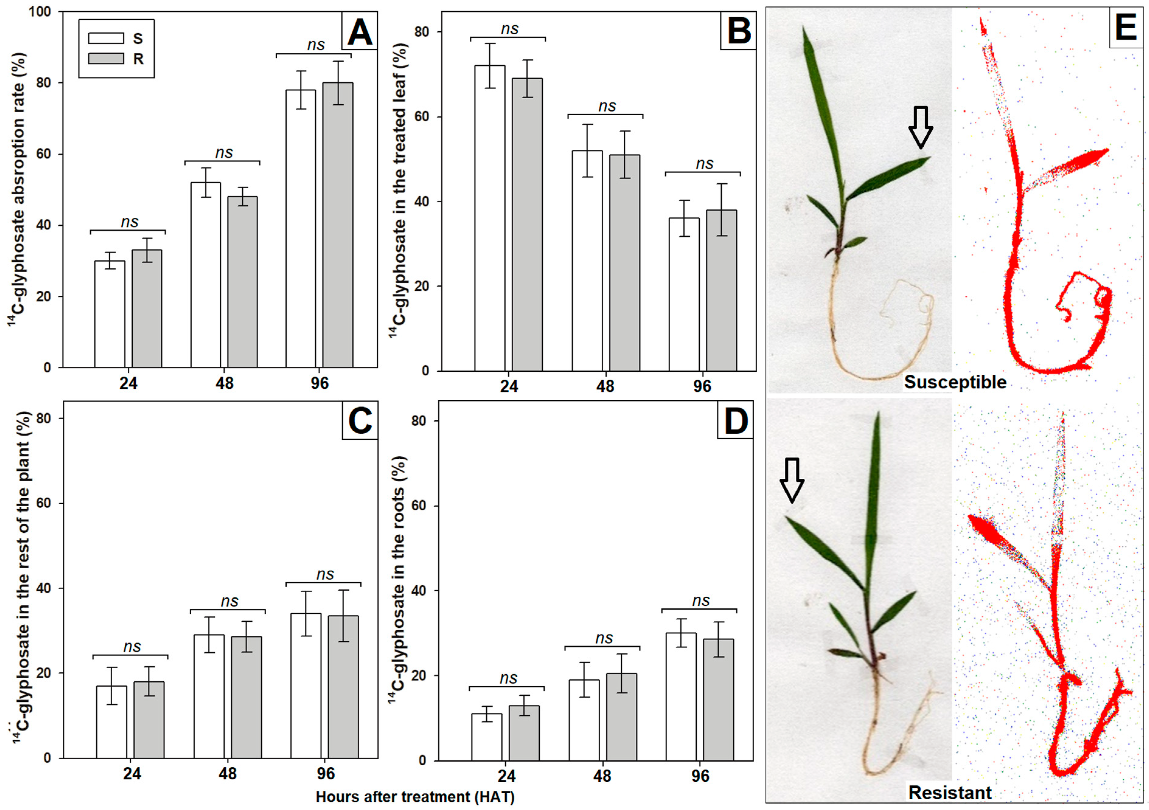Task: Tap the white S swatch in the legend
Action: click(x=106, y=39)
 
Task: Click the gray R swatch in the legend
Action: click(x=106, y=58)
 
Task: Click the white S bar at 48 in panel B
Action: click(x=587, y=260)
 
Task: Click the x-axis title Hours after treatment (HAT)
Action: click(x=415, y=797)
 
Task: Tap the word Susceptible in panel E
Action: click(x=955, y=382)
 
